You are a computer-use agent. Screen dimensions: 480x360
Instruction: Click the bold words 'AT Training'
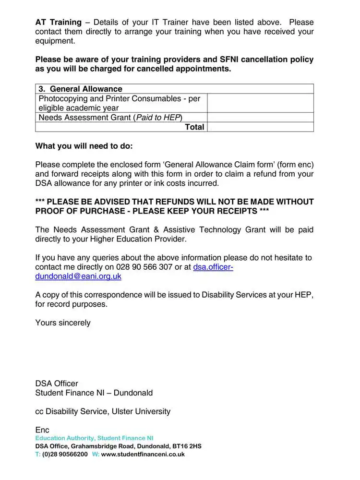point(58,22)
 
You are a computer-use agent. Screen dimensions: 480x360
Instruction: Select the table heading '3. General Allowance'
point(80,89)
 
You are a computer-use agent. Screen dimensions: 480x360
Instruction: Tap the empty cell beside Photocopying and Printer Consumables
point(260,103)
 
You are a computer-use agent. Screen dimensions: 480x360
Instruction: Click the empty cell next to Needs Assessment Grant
point(260,118)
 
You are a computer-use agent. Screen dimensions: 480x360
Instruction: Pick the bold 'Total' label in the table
point(194,127)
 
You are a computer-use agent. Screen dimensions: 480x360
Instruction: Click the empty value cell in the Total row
point(260,127)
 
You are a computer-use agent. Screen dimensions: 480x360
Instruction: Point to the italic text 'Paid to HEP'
point(158,118)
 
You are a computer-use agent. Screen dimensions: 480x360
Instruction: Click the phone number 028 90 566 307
point(144,267)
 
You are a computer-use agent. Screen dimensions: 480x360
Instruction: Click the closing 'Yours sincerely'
point(63,323)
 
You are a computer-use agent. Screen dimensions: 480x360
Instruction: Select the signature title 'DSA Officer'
point(57,384)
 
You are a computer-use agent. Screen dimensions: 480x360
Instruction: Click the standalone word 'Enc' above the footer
point(42,430)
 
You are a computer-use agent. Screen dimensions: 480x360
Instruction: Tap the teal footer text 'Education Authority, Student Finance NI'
point(94,438)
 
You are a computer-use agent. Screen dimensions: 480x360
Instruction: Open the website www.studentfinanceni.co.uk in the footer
point(143,454)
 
